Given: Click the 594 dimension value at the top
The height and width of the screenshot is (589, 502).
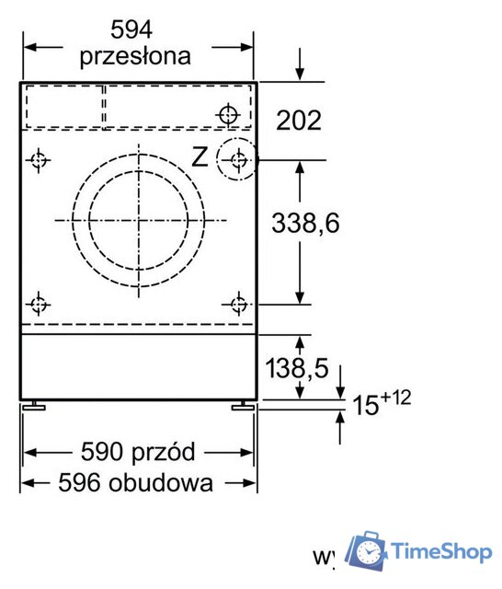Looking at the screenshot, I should [135, 29].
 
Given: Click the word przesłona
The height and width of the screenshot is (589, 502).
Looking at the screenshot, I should [135, 56].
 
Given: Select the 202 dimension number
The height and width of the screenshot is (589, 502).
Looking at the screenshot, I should [299, 120].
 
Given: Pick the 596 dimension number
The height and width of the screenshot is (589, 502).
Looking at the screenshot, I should [77, 481].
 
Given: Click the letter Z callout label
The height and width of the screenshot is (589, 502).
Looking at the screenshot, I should [200, 157].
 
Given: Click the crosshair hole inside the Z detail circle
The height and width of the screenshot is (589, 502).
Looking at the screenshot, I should [238, 160].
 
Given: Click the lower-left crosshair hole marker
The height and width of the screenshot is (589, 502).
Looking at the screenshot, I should [38, 304].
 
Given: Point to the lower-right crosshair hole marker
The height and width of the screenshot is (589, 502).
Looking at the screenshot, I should [238, 304].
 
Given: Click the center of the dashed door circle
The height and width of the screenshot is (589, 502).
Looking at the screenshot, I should [138, 220].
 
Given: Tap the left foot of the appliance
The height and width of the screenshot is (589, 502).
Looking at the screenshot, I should [35, 405].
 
